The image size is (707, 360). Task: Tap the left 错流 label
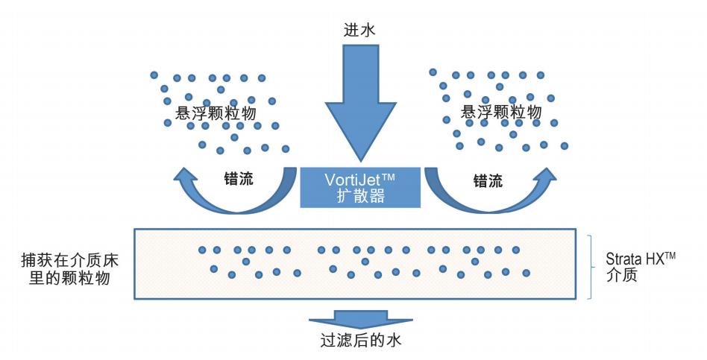tap(239, 180)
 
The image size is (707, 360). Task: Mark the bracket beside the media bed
tap(591, 267)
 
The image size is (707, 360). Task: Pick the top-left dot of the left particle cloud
tap(154, 75)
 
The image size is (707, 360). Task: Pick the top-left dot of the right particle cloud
tap(433, 72)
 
